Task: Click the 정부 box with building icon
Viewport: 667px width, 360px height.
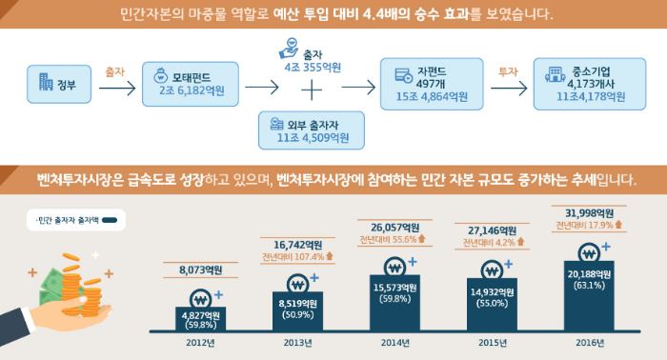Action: coord(59,84)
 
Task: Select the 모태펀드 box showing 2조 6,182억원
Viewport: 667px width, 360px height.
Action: coord(191,84)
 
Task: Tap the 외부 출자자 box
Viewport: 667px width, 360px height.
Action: coord(312,130)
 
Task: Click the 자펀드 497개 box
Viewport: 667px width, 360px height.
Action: coord(432,84)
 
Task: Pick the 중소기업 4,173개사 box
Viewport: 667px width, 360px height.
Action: coord(590,84)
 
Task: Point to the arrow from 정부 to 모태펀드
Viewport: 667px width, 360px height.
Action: coord(117,89)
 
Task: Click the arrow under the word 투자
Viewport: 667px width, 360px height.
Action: coord(509,89)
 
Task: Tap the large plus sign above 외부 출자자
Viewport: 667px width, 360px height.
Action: coord(312,90)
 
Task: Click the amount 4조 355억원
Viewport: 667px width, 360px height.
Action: coord(313,68)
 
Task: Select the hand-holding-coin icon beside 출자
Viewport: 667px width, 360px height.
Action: coord(290,48)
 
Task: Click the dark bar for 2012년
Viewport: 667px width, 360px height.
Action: coord(201,319)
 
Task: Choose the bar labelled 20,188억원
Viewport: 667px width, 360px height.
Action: coord(589,296)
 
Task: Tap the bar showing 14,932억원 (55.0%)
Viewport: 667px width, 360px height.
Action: coord(493,305)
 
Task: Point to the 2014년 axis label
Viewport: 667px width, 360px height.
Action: coord(395,343)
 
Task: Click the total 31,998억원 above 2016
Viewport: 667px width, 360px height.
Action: coord(589,213)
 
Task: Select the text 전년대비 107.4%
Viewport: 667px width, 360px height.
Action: coord(293,257)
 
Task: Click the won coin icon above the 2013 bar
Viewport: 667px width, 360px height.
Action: coord(297,285)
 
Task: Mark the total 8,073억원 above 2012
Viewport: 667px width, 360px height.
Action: coord(200,270)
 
